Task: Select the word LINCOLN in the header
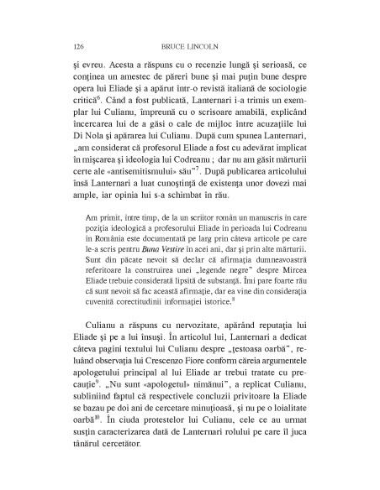click(207, 48)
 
